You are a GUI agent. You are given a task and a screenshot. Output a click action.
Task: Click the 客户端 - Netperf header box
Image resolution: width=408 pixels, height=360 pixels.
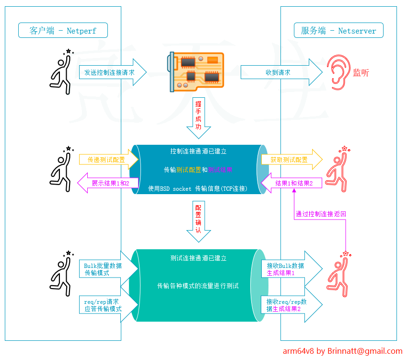point(63,30)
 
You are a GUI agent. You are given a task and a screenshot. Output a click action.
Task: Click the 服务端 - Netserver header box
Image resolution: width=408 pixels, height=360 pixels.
point(338,30)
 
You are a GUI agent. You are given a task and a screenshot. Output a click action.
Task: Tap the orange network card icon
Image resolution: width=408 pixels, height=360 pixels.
point(196,71)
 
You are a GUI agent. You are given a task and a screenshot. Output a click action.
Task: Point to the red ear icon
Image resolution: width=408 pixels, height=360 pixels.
point(338,73)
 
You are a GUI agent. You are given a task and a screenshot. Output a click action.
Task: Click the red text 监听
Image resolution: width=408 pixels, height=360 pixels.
point(361,73)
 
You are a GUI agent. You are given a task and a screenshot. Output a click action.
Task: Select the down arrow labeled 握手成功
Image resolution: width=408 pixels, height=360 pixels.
point(198,117)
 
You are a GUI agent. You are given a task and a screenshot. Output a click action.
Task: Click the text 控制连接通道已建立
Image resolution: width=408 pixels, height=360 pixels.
point(198,151)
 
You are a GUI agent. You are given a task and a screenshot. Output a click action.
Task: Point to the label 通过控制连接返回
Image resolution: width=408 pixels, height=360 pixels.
point(320,214)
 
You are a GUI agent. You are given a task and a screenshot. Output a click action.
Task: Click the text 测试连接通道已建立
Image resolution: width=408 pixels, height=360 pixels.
point(198,258)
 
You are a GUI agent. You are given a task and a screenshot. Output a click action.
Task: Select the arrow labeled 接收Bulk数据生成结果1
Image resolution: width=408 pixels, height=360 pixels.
point(288,269)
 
